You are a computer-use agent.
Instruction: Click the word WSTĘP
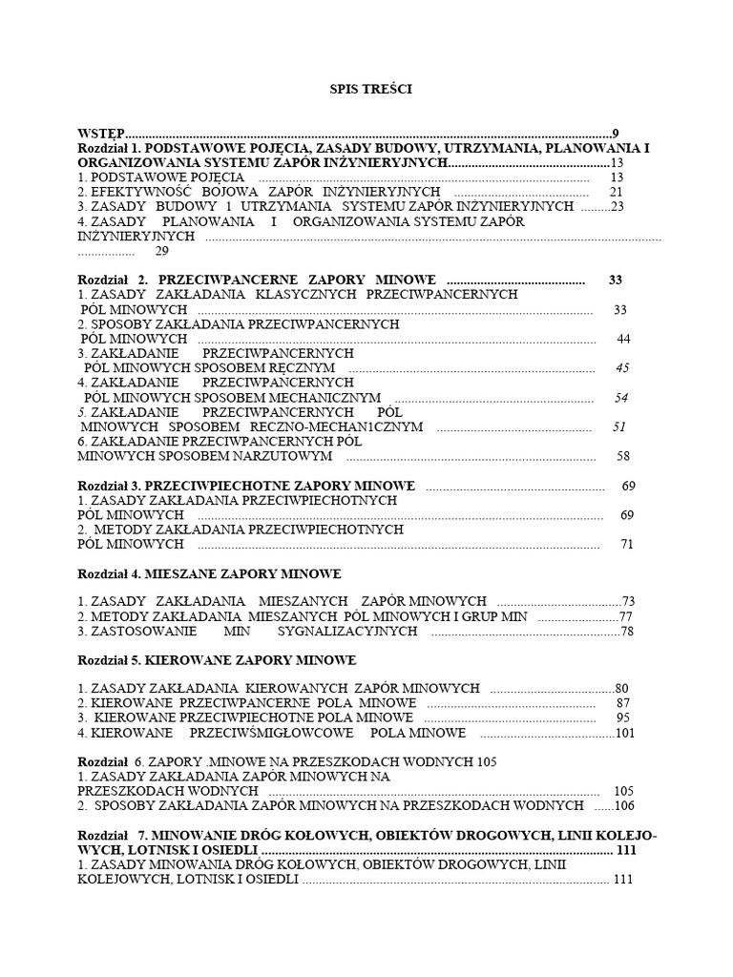101,134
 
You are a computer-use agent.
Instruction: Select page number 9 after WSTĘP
617,134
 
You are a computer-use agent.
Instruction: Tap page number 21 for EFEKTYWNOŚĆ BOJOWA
616,192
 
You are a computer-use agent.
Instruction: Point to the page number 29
161,251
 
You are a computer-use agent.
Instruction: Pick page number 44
624,339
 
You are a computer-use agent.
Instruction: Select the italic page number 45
622,368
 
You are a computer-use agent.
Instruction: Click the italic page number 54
621,398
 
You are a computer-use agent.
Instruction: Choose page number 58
624,457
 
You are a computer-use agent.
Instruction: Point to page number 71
627,545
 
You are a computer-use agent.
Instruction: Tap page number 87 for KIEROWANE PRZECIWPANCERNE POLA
623,703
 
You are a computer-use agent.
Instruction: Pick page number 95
623,717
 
